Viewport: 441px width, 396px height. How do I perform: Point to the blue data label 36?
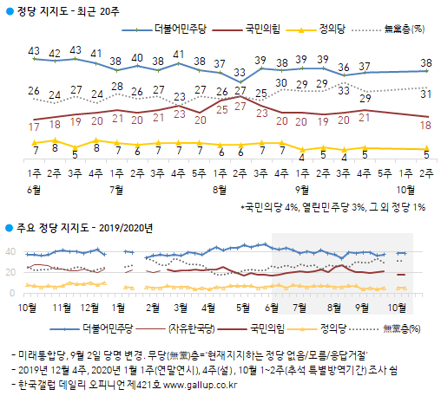click(344, 67)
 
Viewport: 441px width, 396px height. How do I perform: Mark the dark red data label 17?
click(34, 127)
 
